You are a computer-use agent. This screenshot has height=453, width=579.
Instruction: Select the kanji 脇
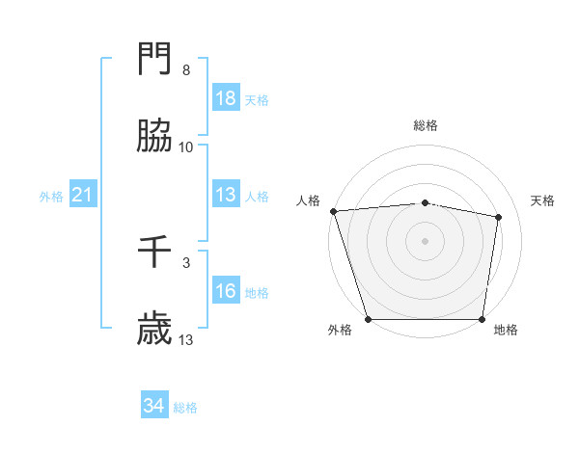pyautogui.click(x=155, y=138)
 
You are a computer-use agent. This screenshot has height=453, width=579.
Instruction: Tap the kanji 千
pyautogui.click(x=155, y=253)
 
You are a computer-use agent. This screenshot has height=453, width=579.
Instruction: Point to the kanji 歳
pyautogui.click(x=155, y=331)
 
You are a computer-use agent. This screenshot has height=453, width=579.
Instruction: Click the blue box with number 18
pyautogui.click(x=226, y=99)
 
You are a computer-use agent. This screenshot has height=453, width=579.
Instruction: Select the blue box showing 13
pyautogui.click(x=226, y=196)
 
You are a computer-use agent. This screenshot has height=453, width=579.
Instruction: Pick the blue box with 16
pyautogui.click(x=226, y=292)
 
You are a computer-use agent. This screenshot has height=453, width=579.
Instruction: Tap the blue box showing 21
pyautogui.click(x=83, y=196)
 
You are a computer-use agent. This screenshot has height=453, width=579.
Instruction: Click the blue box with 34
pyautogui.click(x=154, y=407)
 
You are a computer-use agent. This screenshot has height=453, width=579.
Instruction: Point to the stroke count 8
pyautogui.click(x=186, y=70)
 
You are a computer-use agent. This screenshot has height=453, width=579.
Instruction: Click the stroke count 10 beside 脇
pyautogui.click(x=186, y=147)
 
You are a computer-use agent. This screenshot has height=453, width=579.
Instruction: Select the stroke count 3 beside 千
pyautogui.click(x=186, y=262)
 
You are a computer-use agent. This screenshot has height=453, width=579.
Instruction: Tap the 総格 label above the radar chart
pyautogui.click(x=426, y=125)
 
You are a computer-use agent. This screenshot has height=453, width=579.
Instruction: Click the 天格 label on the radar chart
pyautogui.click(x=543, y=200)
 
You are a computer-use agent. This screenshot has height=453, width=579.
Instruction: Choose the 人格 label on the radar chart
pyautogui.click(x=309, y=200)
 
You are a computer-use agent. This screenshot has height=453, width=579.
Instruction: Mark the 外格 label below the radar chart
pyautogui.click(x=340, y=330)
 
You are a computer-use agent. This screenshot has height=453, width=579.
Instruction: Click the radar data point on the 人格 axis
pyautogui.click(x=333, y=211)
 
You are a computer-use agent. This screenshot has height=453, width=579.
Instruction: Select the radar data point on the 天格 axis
pyautogui.click(x=499, y=217)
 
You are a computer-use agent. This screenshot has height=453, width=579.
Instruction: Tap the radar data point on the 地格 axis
pyautogui.click(x=482, y=318)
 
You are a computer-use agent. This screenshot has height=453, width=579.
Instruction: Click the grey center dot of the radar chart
pyautogui.click(x=426, y=241)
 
